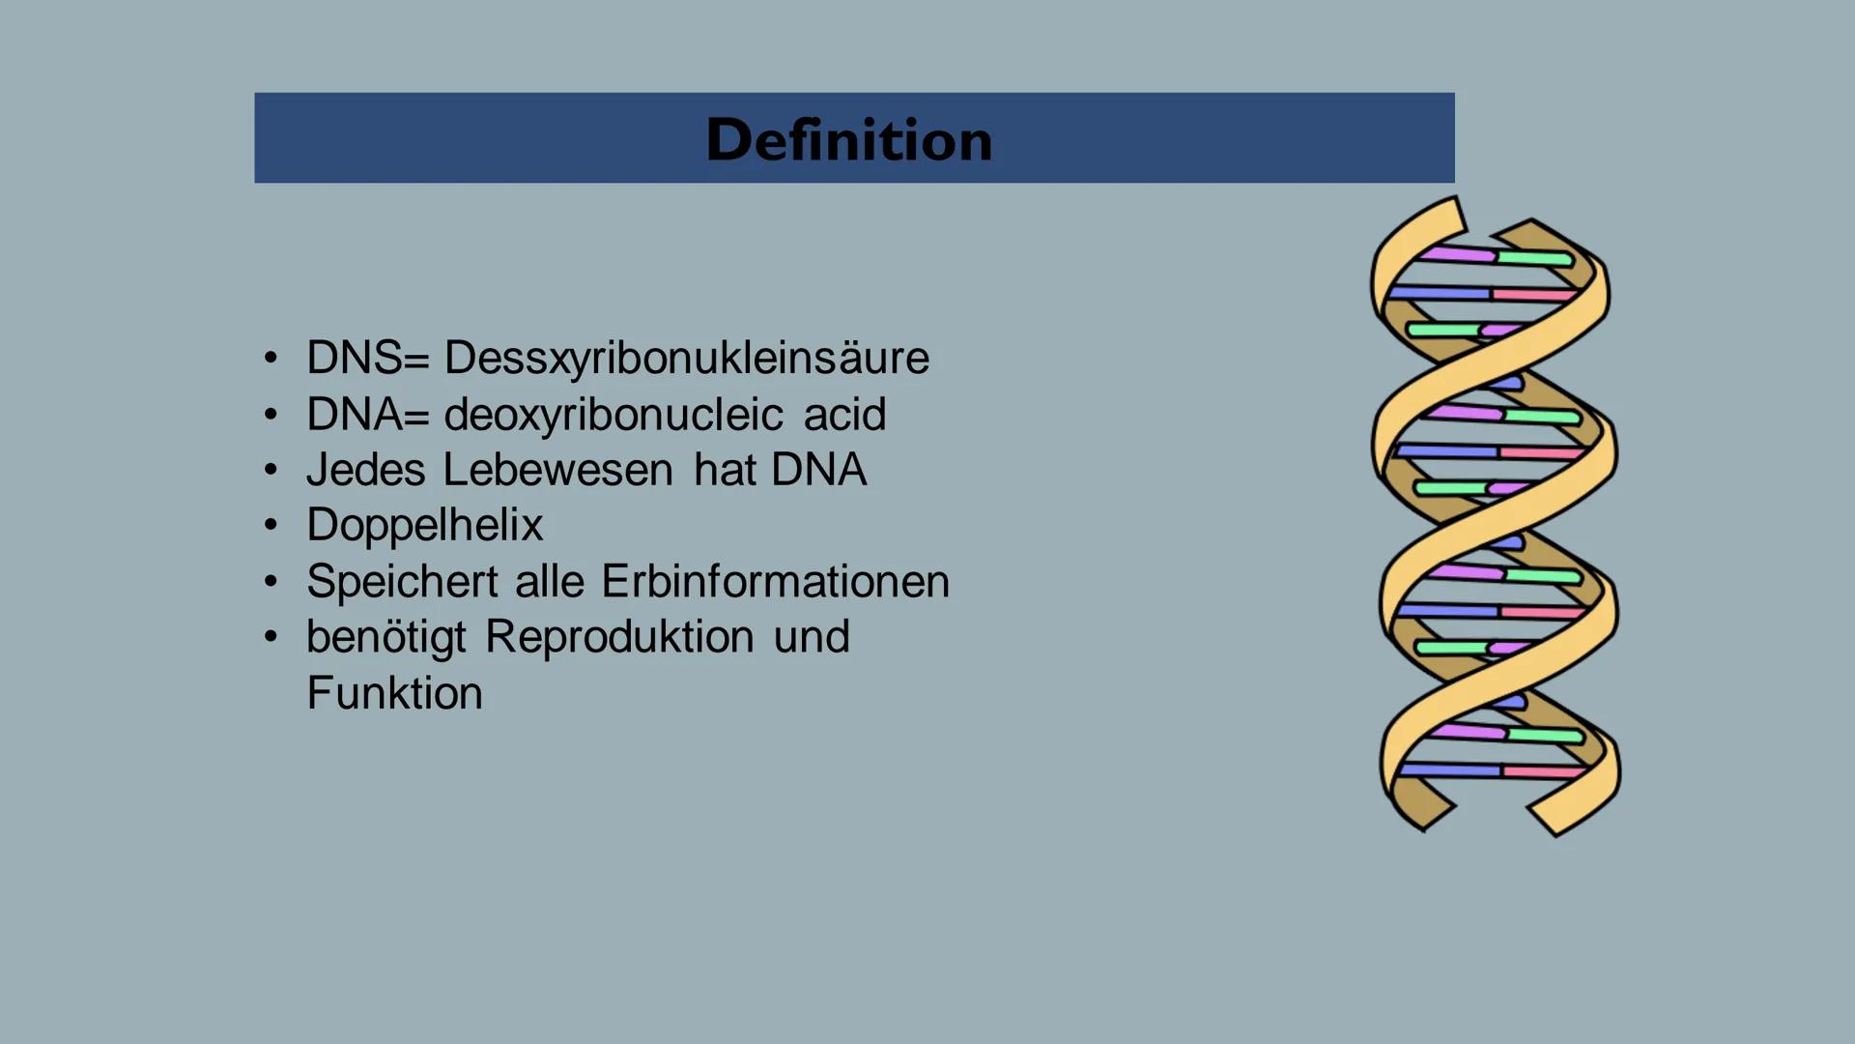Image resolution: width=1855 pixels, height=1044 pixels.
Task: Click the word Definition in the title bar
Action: point(849,140)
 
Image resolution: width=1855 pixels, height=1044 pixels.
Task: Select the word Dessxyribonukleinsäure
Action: point(686,359)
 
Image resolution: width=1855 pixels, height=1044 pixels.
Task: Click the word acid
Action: point(844,415)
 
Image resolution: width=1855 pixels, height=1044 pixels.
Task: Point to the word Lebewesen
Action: point(557,470)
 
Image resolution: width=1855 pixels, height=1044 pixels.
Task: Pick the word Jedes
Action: point(365,471)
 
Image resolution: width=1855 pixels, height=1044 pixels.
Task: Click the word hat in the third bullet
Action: point(723,470)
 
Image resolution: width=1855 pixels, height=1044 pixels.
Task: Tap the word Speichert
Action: point(402,582)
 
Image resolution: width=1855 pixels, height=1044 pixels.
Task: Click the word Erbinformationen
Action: point(775,582)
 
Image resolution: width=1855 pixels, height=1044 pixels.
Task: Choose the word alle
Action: point(550,582)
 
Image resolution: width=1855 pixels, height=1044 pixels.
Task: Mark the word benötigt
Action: point(386,638)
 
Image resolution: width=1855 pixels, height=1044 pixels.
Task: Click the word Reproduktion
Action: point(619,638)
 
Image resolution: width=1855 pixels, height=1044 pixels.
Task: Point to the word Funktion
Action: point(394,694)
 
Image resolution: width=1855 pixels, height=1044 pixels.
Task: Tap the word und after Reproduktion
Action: point(812,638)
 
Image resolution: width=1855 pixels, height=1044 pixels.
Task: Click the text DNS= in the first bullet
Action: point(367,359)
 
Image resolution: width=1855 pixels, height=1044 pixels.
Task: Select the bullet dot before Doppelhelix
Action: point(271,526)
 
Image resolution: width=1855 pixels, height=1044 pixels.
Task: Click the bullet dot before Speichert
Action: point(271,582)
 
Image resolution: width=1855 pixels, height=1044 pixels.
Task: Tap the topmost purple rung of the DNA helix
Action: point(1458,254)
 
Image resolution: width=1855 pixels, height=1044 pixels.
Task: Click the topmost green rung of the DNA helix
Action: point(1535,258)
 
